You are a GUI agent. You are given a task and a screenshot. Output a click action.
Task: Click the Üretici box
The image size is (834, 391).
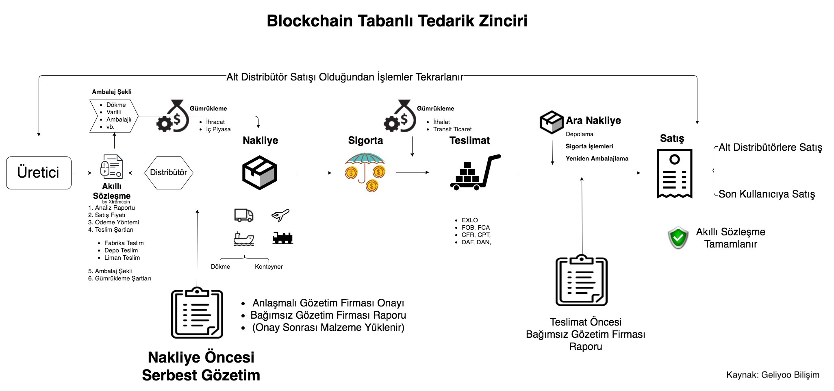tap(39, 173)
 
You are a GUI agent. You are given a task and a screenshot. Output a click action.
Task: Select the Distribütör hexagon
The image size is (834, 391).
tap(169, 173)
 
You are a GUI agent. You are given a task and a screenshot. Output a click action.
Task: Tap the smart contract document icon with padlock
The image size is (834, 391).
tap(111, 167)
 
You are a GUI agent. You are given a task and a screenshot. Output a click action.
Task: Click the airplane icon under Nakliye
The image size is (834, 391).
tap(280, 215)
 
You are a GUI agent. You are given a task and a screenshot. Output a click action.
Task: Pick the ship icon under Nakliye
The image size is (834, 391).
tap(243, 239)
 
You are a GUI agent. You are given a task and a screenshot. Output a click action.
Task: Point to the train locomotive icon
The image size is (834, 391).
tap(282, 238)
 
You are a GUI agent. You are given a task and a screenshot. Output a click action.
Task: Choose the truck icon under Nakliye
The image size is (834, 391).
tap(244, 215)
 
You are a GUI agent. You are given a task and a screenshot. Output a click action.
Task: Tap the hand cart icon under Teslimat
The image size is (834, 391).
tap(475, 173)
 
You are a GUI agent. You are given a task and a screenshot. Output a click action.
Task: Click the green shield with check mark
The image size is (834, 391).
tap(678, 238)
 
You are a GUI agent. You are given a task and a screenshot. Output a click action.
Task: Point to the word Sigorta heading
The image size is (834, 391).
tap(365, 141)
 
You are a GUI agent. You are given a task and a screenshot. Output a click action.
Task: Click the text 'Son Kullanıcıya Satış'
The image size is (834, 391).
tap(767, 194)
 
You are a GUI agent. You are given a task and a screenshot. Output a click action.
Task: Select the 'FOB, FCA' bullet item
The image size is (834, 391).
tap(476, 228)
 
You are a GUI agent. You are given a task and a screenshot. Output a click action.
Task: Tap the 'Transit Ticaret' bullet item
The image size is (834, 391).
tap(452, 129)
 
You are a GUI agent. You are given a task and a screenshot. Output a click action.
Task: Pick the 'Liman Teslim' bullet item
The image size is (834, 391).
tap(122, 258)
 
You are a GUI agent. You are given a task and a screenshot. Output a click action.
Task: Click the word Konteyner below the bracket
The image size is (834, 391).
tap(269, 267)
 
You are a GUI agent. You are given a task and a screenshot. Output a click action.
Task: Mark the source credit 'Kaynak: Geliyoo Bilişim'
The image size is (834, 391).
tap(773, 375)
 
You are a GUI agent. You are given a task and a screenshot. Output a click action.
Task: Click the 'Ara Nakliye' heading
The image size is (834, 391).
tap(593, 121)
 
